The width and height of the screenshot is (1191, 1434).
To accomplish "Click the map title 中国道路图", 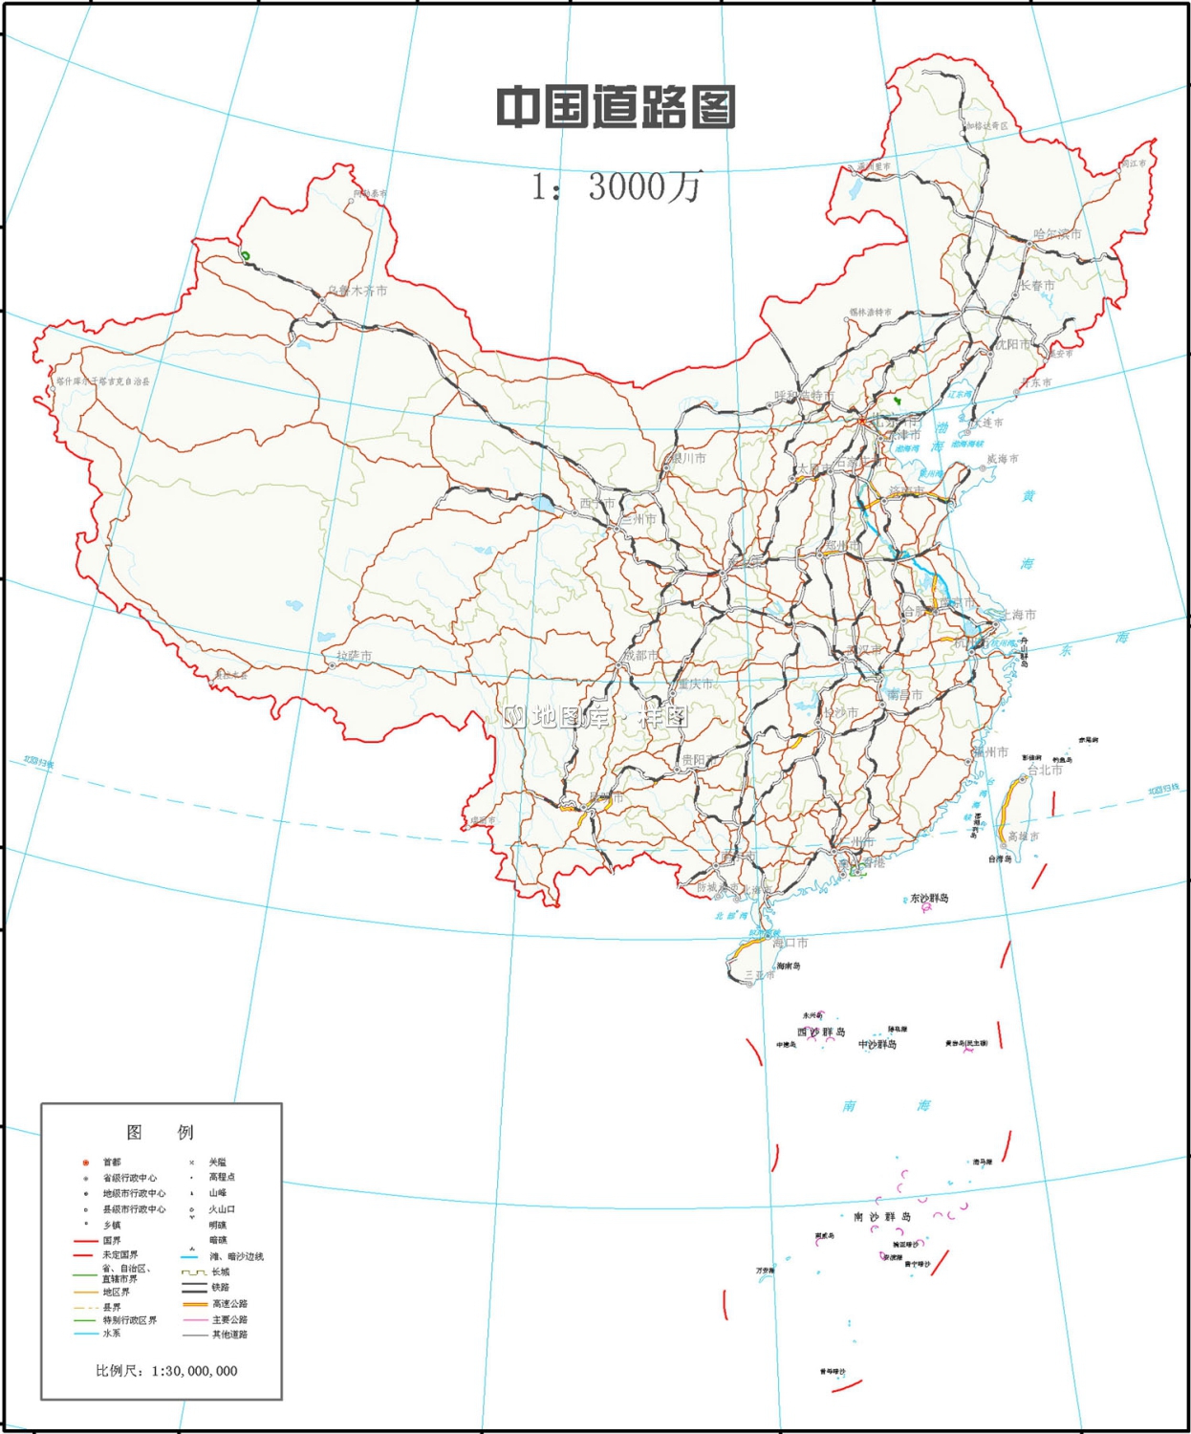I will click(617, 107).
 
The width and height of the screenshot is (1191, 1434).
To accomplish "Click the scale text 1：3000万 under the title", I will click(617, 185).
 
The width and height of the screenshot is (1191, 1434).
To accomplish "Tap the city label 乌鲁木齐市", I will click(357, 291).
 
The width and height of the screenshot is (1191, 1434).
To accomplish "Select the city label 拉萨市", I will click(354, 656).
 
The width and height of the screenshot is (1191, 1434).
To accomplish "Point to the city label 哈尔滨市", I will click(1057, 234).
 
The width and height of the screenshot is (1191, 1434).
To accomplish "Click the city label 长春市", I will click(1037, 286).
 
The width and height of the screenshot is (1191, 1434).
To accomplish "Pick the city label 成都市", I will click(639, 656).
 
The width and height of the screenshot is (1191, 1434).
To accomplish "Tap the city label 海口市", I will click(790, 943).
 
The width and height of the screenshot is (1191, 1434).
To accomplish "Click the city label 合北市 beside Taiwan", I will click(1044, 770).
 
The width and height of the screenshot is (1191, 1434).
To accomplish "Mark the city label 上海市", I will click(1017, 615).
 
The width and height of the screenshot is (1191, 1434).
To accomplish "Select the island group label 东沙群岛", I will click(929, 899).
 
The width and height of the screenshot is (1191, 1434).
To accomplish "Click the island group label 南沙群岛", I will click(882, 1217).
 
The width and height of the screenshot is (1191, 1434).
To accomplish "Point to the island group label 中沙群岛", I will click(877, 1045).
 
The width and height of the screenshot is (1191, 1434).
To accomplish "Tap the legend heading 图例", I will click(161, 1132).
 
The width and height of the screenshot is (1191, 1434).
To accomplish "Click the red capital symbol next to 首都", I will click(86, 1162).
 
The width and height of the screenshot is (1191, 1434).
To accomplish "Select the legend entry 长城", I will click(220, 1272).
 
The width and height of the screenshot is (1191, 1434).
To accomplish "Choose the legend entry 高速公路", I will click(229, 1304).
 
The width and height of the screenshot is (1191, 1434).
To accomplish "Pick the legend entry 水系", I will click(112, 1334).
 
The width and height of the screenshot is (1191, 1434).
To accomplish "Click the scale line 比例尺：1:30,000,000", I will click(166, 1371).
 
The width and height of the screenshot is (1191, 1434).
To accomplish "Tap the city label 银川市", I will click(687, 459).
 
